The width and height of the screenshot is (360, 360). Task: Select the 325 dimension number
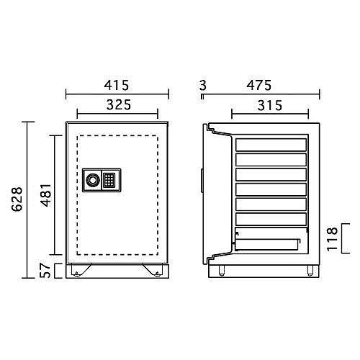[117, 105]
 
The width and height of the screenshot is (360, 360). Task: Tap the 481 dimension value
[45, 194]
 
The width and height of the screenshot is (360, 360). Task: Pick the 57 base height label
[45, 271]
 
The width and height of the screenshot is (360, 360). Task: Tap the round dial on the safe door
[94, 179]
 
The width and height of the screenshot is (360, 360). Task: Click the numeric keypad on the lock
[109, 179]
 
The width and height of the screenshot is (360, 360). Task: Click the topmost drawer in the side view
[271, 143]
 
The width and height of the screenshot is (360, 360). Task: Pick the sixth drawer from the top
[271, 218]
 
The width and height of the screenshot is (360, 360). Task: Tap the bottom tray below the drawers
[268, 242]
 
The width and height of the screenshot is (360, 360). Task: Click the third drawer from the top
[271, 174]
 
